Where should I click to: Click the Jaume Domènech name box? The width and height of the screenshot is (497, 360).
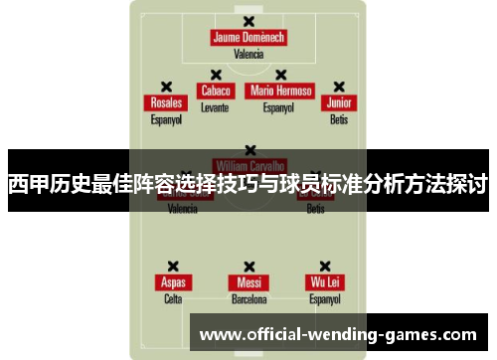[x=248, y=38]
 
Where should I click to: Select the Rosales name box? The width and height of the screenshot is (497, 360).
[x=166, y=102]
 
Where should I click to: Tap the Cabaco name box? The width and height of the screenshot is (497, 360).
[x=215, y=90]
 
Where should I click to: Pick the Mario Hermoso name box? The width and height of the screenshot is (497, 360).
[x=281, y=90]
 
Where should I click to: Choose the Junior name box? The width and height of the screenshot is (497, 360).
[x=339, y=102]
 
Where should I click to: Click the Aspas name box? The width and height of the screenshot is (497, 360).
[x=173, y=281]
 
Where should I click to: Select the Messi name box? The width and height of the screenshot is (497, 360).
[x=248, y=281]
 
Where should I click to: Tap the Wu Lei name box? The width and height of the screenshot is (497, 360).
[x=324, y=281]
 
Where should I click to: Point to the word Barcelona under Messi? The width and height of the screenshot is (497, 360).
[x=248, y=298]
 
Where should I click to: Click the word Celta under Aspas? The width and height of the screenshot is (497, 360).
[x=173, y=298]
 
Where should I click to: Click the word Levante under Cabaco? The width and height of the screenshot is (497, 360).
[x=215, y=106]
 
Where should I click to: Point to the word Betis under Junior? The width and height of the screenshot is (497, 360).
[x=339, y=119]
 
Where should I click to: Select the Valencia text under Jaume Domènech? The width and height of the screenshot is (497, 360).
[x=248, y=55]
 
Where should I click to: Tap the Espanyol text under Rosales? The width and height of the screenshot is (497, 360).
[x=166, y=119]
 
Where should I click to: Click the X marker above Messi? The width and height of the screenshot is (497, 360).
[x=248, y=266]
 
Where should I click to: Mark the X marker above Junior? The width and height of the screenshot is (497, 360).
[x=339, y=87]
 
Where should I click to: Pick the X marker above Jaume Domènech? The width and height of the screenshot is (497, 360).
[x=248, y=21]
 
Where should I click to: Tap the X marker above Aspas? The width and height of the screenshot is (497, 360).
[x=173, y=266]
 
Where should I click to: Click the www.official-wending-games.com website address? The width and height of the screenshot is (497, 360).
[x=339, y=334]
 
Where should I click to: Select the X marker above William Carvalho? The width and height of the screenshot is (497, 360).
[x=248, y=149]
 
